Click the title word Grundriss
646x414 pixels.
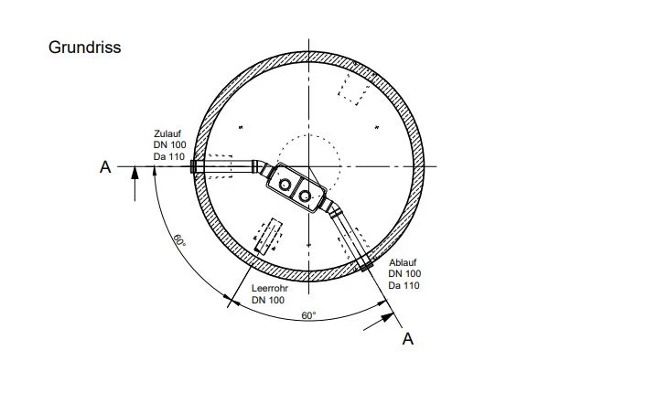84,48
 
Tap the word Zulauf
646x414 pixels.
167,133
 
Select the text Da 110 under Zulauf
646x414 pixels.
169,156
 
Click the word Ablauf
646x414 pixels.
403,262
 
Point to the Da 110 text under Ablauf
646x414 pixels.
404,285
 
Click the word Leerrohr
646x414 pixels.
270,289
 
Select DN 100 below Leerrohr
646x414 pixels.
268,300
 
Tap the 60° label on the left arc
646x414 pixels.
178,240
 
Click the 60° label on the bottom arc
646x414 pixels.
308,315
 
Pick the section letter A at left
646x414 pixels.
105,167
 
